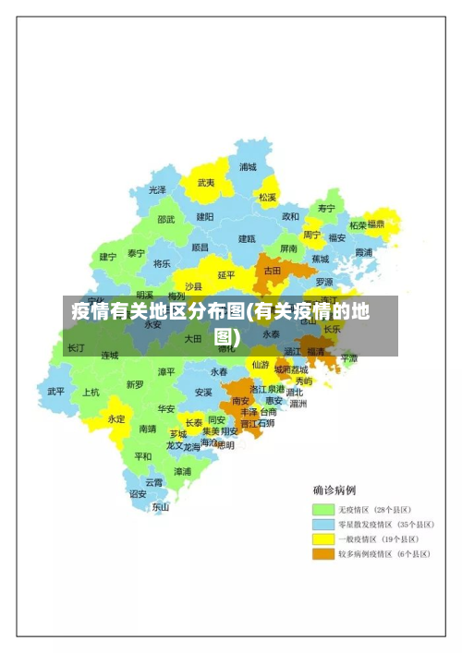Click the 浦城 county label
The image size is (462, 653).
[248, 167]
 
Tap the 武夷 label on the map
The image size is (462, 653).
[206, 183]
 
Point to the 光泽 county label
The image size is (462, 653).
[158, 189]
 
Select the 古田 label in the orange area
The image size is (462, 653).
[273, 271]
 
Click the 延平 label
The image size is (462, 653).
[226, 274]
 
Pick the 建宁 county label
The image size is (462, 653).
[108, 257]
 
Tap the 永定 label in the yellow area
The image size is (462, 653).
[116, 418]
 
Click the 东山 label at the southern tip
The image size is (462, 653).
[161, 506]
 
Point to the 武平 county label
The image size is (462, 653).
[56, 391]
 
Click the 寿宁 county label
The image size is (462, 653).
[325, 209]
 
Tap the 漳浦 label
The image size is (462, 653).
[182, 471]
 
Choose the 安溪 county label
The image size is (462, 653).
[203, 392]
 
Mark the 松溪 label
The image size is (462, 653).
[268, 197]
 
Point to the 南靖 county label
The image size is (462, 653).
[148, 429]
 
